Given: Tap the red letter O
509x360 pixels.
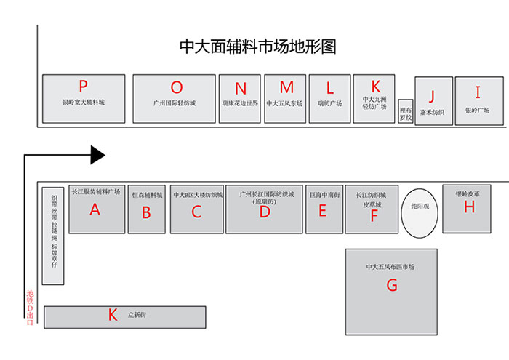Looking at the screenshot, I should click(177, 87).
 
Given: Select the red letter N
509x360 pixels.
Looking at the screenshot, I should click(241, 89).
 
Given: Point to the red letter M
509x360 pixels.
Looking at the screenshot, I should click(286, 87).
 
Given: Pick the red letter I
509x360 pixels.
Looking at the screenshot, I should click(478, 92).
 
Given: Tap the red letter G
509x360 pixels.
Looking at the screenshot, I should click(392, 285).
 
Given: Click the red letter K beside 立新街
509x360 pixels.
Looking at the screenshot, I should click(112, 315).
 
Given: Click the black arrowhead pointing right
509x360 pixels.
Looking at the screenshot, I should click(97, 154).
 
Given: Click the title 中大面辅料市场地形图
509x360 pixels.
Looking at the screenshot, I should click(258, 47).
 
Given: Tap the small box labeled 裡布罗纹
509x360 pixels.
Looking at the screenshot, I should click(406, 111).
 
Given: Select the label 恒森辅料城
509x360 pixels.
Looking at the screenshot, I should click(146, 195).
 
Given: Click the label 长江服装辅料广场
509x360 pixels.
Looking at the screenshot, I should click(96, 192).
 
